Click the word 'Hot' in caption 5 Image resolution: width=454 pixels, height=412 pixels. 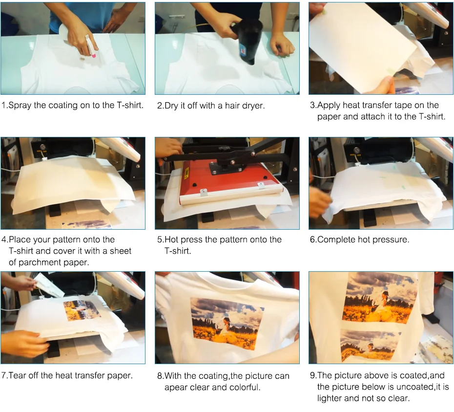171,239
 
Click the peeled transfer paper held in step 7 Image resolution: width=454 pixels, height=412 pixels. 48,285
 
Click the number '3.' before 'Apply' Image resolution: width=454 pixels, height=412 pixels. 313,105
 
